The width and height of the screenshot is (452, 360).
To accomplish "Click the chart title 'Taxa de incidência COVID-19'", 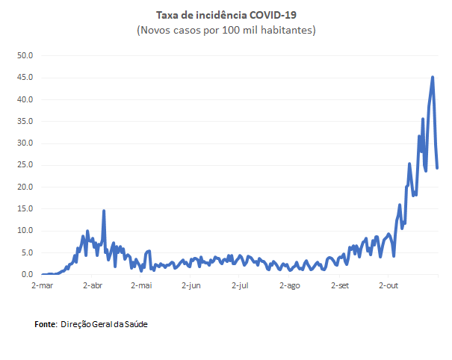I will tap(226, 15).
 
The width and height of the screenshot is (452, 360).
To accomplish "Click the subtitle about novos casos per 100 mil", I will tap(226, 30).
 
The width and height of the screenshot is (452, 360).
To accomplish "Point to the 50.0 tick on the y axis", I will tap(26, 55).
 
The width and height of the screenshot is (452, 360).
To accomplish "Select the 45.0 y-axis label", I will tap(26, 78).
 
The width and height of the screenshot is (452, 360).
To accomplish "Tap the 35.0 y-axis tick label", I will tap(26, 121).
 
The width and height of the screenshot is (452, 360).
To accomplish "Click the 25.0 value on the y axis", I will tap(26, 165).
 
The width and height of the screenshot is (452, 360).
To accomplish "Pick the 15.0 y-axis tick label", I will tap(26, 209).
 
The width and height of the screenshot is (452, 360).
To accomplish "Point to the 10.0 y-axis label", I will tap(26, 231).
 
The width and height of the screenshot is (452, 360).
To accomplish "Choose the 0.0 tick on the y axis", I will tap(28, 275).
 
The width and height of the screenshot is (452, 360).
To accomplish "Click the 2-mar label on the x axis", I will tap(42, 285).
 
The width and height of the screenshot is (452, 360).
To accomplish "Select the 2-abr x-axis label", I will tap(92, 285).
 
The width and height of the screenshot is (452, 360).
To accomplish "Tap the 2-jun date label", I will tap(191, 285).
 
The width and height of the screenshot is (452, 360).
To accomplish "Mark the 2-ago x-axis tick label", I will tap(290, 285).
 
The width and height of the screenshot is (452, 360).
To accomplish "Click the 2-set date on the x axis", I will tap(340, 285).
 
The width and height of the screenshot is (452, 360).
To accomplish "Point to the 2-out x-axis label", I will tap(389, 285).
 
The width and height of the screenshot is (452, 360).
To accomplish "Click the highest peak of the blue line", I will tap(433, 77).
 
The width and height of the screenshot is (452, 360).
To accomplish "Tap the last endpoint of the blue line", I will tap(437, 168).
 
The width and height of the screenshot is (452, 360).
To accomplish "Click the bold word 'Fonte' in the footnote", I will tap(46, 325).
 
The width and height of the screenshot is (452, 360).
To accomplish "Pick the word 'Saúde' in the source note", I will tap(146, 325).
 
